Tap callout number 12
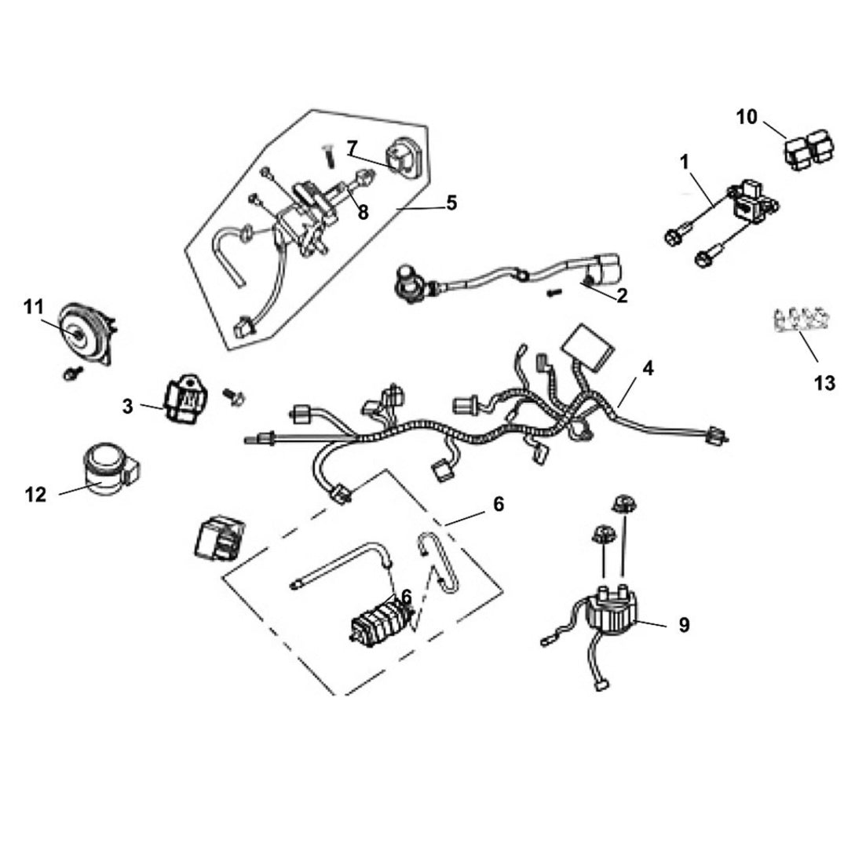[x=35, y=495]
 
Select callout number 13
[x=824, y=383]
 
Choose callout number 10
[x=747, y=117]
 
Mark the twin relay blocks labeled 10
[x=810, y=149]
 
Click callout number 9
[x=684, y=625]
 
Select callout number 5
[x=451, y=203]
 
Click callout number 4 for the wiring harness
[x=647, y=367]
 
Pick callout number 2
[x=622, y=296]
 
